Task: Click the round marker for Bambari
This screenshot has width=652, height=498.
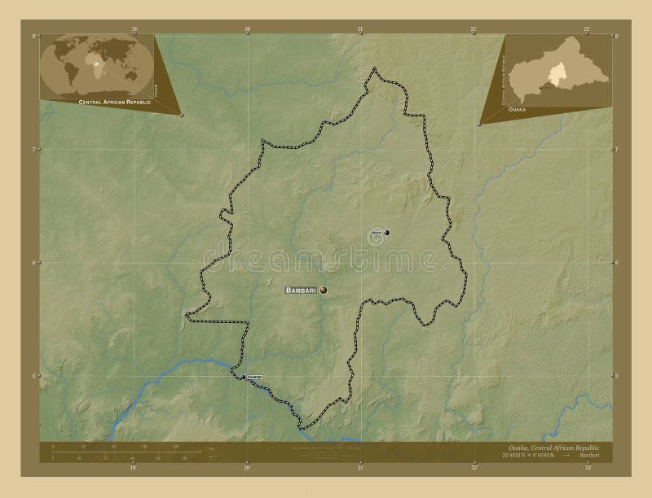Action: coord(324,290)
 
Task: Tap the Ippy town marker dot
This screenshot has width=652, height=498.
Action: coord(386,233)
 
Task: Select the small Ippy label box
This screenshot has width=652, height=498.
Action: coord(376,233)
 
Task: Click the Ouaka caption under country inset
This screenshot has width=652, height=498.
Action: coord(517,108)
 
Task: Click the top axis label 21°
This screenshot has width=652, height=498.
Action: coord(360,29)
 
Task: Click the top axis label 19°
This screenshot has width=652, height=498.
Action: coord(133,29)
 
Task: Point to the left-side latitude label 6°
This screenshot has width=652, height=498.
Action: coord(33,263)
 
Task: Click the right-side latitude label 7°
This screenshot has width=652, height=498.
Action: coord(617,150)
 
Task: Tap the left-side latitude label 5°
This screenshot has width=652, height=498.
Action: coord(33,376)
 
